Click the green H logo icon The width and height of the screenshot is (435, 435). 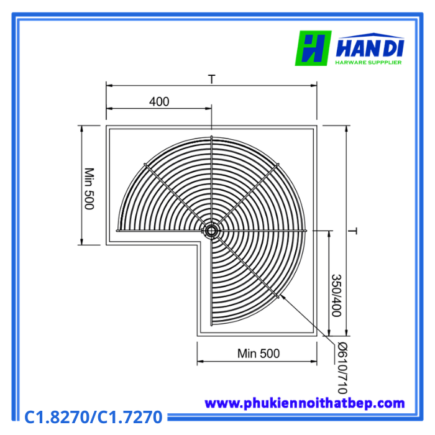click(x=313, y=48)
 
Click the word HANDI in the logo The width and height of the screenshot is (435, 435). click(x=370, y=48)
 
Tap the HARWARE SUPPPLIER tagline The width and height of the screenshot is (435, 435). click(x=369, y=62)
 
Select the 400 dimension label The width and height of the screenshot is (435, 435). click(x=159, y=101)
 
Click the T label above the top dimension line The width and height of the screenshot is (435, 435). click(x=212, y=80)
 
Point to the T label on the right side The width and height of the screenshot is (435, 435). click(x=352, y=231)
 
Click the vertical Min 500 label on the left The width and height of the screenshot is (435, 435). click(x=89, y=189)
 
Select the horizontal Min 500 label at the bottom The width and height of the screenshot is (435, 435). click(x=259, y=354)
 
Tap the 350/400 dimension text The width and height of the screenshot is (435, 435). click(x=337, y=295)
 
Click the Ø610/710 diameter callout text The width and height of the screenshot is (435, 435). click(x=343, y=368)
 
